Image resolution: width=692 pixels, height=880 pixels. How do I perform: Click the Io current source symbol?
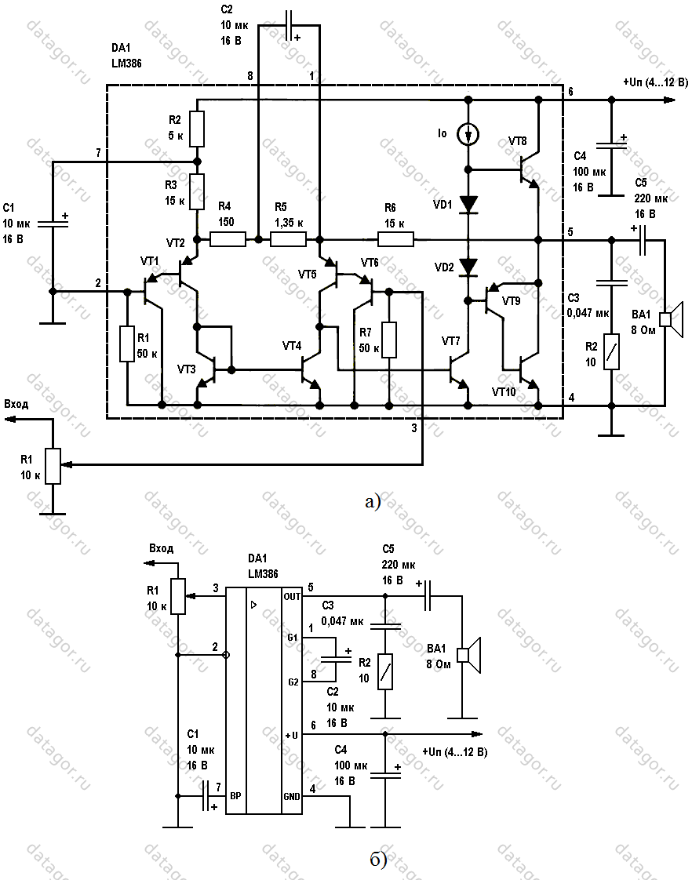(469, 135)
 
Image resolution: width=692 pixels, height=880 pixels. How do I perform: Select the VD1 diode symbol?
(469, 205)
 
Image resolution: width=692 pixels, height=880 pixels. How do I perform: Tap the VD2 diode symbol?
(469, 267)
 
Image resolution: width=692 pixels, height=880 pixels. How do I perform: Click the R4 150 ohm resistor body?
(228, 238)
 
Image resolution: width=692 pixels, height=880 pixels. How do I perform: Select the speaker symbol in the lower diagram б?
(471, 654)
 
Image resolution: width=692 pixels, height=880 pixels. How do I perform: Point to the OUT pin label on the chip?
(292, 597)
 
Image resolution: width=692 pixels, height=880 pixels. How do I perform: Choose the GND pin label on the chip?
(292, 796)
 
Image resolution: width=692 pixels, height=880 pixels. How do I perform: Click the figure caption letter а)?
(372, 501)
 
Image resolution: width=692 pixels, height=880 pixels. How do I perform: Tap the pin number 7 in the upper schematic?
(98, 152)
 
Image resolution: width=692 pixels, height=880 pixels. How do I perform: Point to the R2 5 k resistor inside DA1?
(197, 129)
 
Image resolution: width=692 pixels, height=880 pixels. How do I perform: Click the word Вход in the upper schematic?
(17, 404)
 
